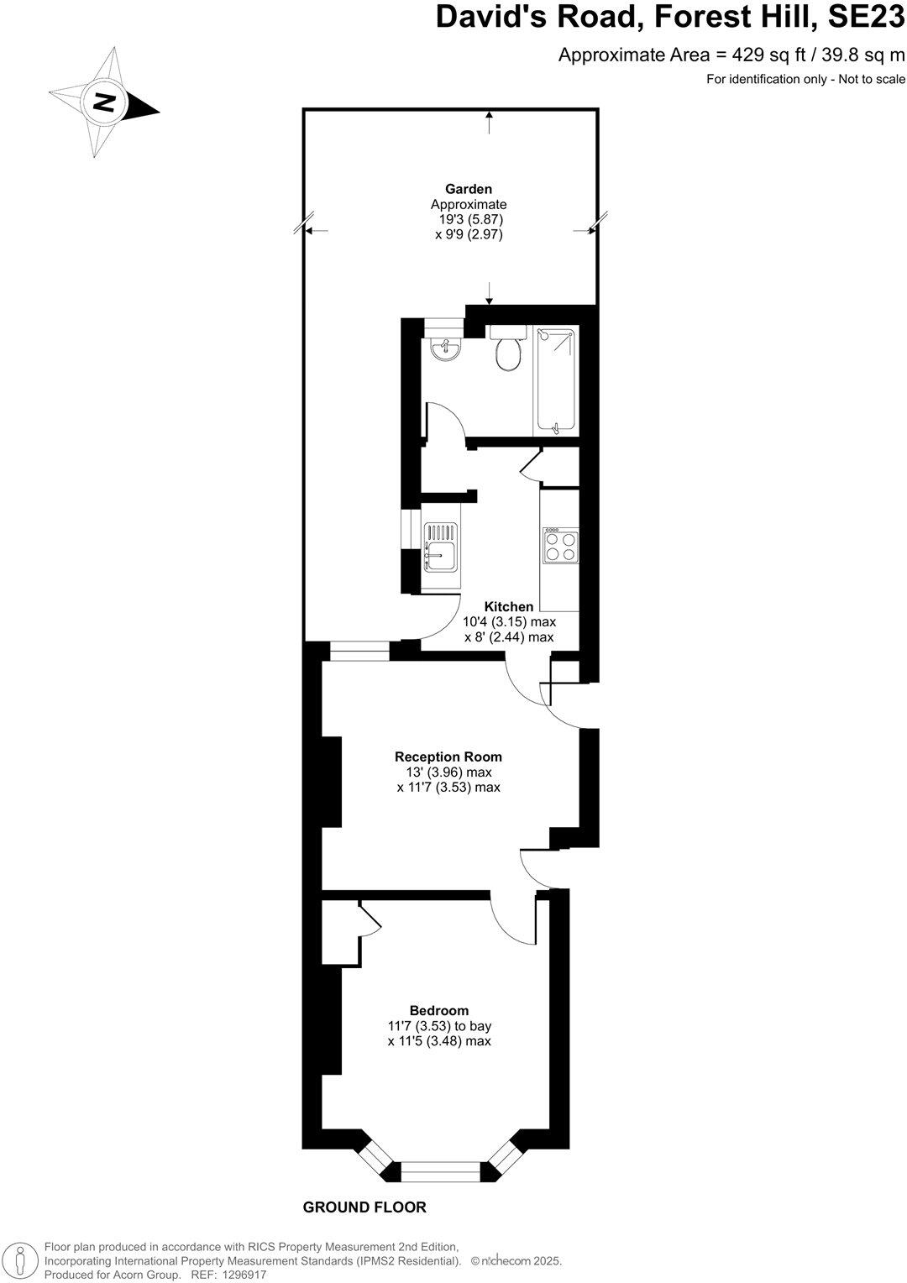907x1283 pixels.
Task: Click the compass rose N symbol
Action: pos(104,102)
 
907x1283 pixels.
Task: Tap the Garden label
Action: pos(469,189)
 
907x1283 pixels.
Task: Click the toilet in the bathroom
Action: pos(508,351)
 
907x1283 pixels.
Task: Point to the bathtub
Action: pos(555,381)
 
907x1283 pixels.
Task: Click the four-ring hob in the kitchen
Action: pos(560,547)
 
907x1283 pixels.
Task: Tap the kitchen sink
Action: pos(440,555)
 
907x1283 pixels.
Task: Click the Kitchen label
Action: pos(509,606)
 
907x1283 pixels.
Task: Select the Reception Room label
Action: pos(448,757)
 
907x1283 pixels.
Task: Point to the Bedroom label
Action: pos(439,1010)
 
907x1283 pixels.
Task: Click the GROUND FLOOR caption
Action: pos(364,1207)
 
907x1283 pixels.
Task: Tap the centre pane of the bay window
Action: pos(441,1170)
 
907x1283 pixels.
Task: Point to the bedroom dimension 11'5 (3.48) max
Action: pos(439,1041)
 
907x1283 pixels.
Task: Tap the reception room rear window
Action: pos(359,649)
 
